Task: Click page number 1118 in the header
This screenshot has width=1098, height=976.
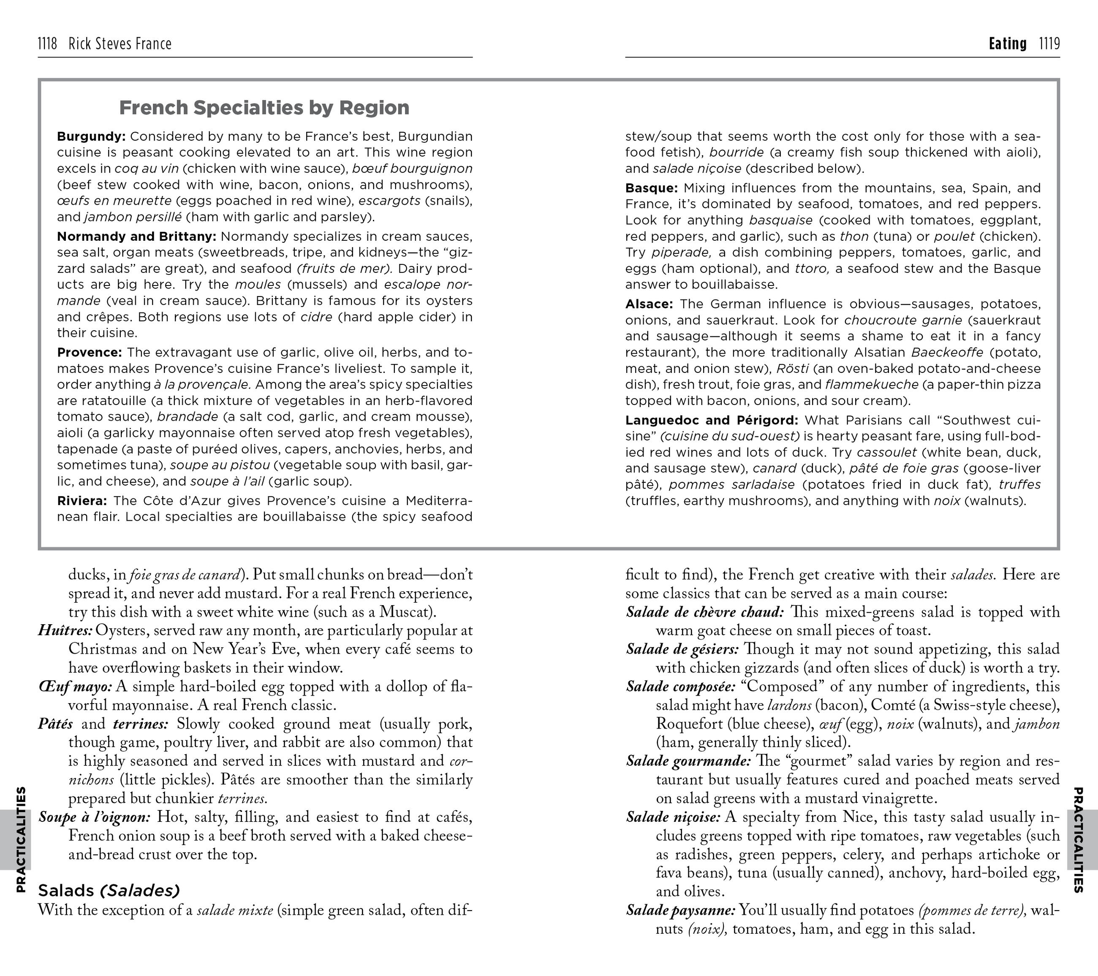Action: (47, 43)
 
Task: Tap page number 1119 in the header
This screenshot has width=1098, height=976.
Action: (1049, 43)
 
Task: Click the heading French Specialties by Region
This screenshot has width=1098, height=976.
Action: (264, 108)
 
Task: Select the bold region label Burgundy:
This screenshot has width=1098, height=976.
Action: (91, 136)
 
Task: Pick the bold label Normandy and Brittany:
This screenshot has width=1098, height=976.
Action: (136, 237)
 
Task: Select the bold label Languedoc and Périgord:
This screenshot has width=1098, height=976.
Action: (711, 421)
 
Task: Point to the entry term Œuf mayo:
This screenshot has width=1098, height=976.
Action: (75, 686)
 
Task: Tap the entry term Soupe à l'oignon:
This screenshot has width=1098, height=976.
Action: (95, 817)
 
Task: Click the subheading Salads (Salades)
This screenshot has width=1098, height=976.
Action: (109, 891)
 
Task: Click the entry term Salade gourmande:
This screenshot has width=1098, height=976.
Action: (688, 761)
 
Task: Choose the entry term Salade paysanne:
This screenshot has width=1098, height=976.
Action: (680, 911)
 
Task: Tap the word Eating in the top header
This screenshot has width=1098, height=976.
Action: (1007, 43)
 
